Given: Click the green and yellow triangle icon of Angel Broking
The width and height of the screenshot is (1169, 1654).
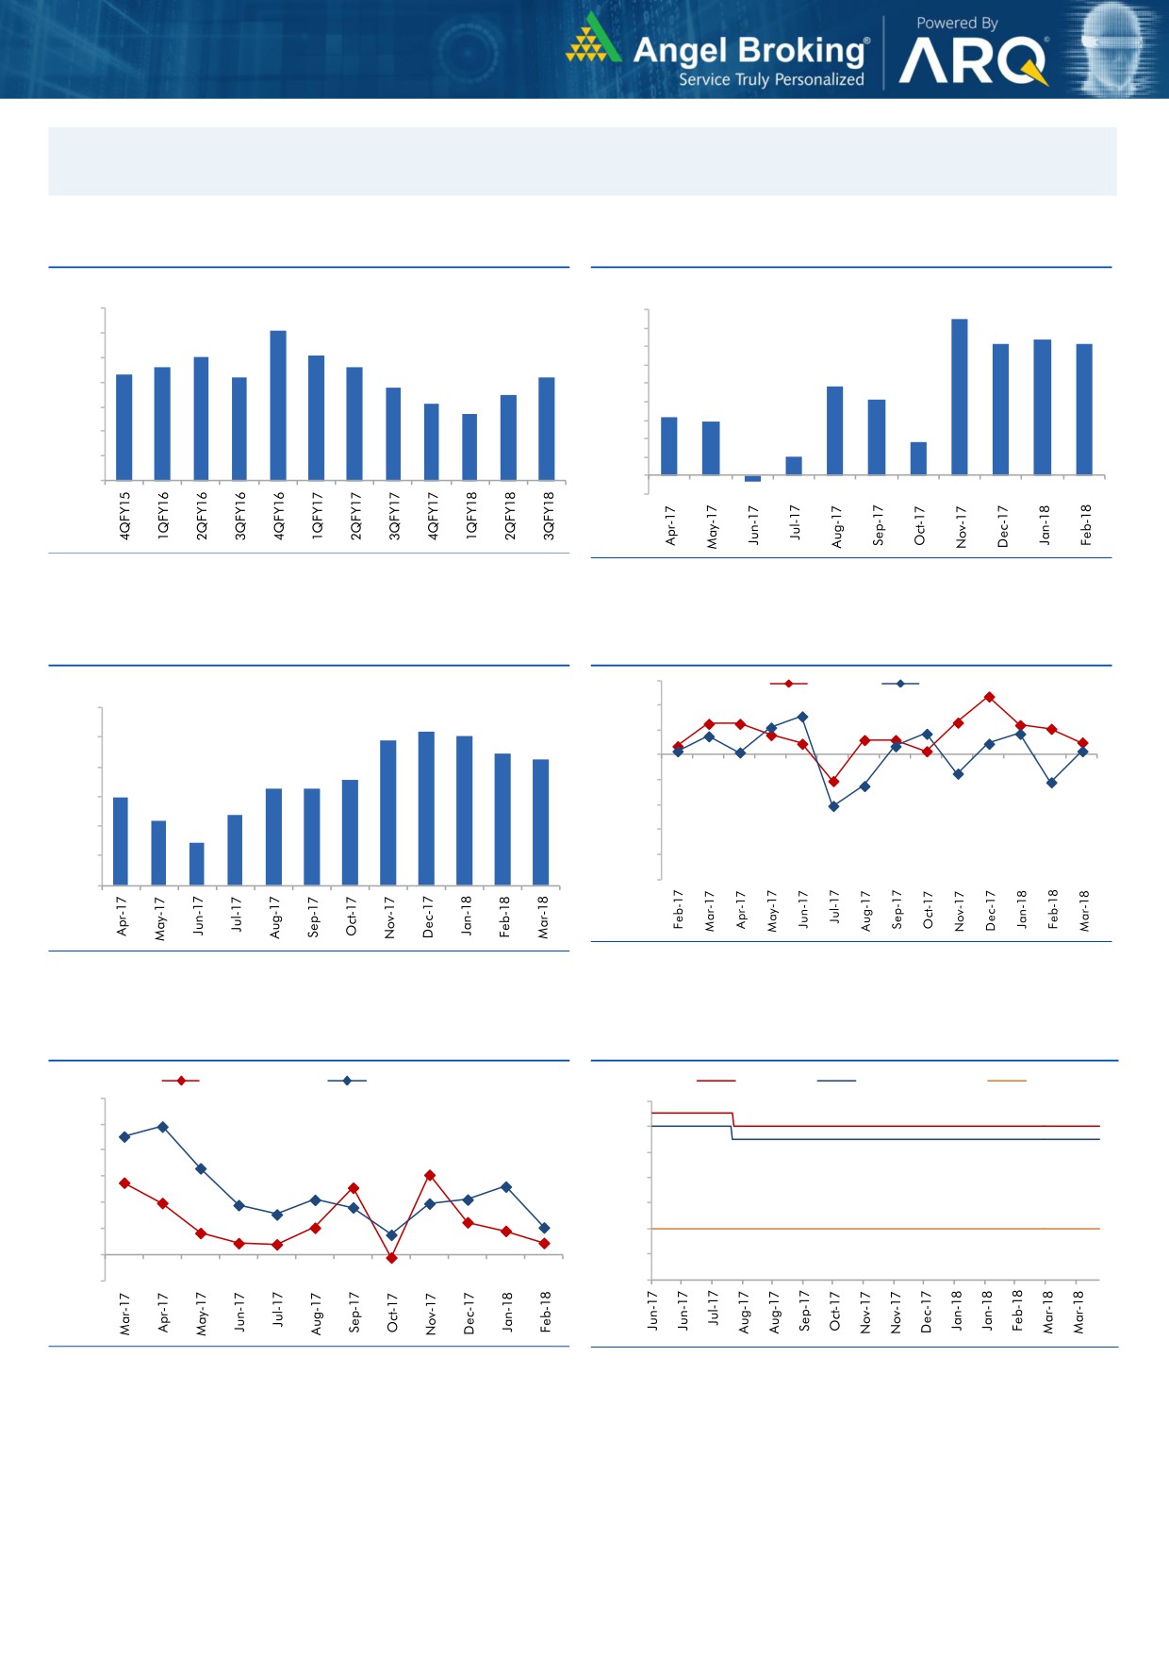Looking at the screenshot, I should click(x=592, y=40).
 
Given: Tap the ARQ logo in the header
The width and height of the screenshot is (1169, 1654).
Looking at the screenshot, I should click(x=973, y=62).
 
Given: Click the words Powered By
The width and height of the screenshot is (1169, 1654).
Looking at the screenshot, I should click(x=957, y=23).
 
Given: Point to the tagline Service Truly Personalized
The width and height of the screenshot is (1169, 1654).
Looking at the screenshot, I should click(x=771, y=80).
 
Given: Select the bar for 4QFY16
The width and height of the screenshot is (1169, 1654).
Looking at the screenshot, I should click(x=278, y=405).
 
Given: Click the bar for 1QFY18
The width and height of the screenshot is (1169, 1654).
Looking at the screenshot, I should click(x=469, y=447).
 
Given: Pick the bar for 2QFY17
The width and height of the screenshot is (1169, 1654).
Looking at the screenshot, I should click(x=354, y=423).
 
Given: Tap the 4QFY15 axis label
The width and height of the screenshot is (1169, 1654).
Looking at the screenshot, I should click(x=124, y=515).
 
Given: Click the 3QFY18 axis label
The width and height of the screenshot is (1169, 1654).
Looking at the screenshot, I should click(x=548, y=515).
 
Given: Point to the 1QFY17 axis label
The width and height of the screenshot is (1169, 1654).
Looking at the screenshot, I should click(x=317, y=515).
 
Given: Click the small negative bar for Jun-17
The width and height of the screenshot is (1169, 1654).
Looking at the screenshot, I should click(x=752, y=478).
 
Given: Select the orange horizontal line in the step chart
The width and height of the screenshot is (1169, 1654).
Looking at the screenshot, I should click(x=875, y=1229).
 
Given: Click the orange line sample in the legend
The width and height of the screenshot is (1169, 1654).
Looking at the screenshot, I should click(x=1007, y=1081).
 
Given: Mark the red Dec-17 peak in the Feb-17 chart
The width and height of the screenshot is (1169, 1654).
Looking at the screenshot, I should click(x=989, y=697).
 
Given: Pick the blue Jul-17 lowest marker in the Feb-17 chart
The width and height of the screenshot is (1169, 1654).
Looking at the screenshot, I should click(x=833, y=806).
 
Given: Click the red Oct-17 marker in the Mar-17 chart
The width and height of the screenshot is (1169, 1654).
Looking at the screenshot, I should click(x=392, y=1258).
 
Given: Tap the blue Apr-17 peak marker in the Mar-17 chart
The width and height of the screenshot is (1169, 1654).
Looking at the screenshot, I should click(x=163, y=1127).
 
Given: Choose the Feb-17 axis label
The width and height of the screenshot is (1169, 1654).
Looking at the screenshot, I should click(x=678, y=909).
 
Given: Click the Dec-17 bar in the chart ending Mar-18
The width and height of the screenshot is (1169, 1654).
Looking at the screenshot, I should click(x=426, y=808).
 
